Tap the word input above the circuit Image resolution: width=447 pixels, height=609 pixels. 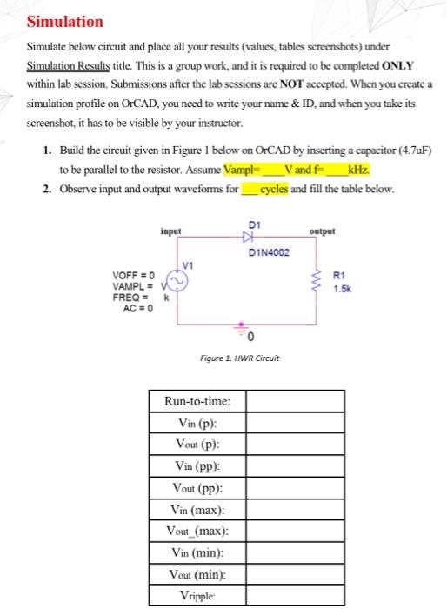pos(171,231)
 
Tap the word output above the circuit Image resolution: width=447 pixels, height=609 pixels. pos(324,231)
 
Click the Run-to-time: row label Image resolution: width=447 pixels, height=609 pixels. pos(197,401)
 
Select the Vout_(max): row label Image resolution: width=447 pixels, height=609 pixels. pos(197,532)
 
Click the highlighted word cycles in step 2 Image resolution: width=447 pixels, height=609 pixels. pos(276,189)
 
